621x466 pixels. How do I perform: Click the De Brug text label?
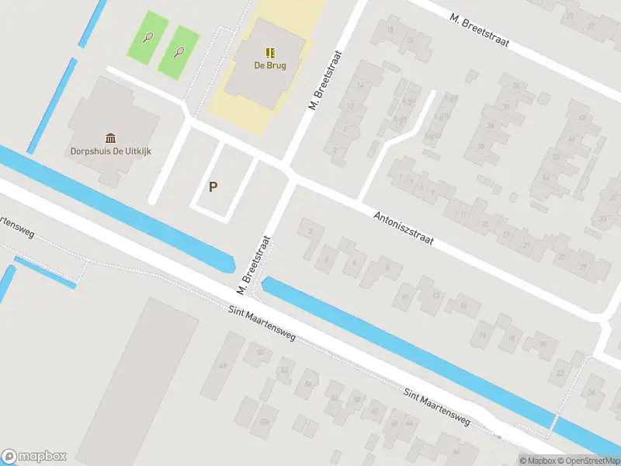click(x=269, y=66)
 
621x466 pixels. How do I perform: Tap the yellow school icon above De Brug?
click(x=269, y=53)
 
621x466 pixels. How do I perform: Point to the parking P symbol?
click(x=213, y=187)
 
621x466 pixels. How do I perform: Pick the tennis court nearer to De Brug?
click(x=179, y=51)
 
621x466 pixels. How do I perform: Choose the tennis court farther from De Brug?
click(x=147, y=37)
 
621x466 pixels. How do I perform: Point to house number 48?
click(x=223, y=366)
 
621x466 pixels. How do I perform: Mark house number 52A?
click(x=265, y=421)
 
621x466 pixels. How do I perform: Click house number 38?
click(x=480, y=147)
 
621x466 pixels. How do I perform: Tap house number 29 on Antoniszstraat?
click(x=582, y=266)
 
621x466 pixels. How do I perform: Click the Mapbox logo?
click(x=34, y=456)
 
